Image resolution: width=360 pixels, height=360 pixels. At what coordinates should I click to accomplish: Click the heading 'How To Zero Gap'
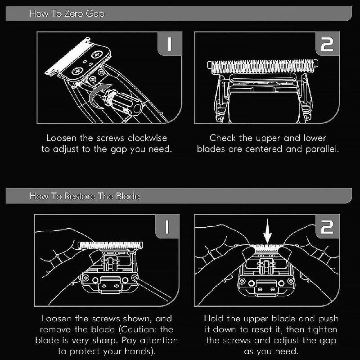point(67,13)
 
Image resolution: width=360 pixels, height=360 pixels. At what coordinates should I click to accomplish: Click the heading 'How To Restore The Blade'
point(85,196)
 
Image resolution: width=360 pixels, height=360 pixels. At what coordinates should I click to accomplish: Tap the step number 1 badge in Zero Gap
point(170,44)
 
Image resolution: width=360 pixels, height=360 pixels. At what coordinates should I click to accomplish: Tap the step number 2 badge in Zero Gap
point(328,44)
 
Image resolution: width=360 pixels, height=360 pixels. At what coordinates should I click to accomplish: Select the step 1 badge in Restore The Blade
point(167,227)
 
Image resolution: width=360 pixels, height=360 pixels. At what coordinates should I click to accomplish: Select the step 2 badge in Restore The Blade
point(328,227)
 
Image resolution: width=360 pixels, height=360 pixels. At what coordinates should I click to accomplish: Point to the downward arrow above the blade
point(267,231)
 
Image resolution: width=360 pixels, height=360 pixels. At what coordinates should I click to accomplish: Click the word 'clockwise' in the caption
point(148,138)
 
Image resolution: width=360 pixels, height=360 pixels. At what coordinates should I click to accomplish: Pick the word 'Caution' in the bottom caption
point(137,330)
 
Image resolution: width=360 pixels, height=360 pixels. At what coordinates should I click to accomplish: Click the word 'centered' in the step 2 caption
point(264,149)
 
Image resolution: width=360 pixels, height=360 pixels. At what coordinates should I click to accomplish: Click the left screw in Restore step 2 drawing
point(243,281)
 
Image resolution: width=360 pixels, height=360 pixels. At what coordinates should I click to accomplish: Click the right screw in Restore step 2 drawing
point(291,281)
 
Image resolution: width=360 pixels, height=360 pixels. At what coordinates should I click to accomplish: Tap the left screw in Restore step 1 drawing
point(86,278)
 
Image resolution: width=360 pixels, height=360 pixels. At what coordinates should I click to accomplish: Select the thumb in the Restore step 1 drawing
point(95,256)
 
